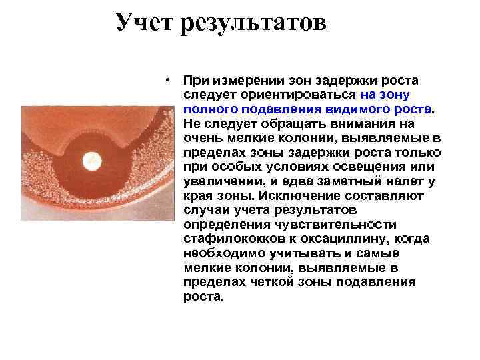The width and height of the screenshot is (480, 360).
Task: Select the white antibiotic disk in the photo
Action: coord(91,161)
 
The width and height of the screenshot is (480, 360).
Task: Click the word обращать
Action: coord(289,124)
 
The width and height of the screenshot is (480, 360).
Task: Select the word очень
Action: coord(200,138)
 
